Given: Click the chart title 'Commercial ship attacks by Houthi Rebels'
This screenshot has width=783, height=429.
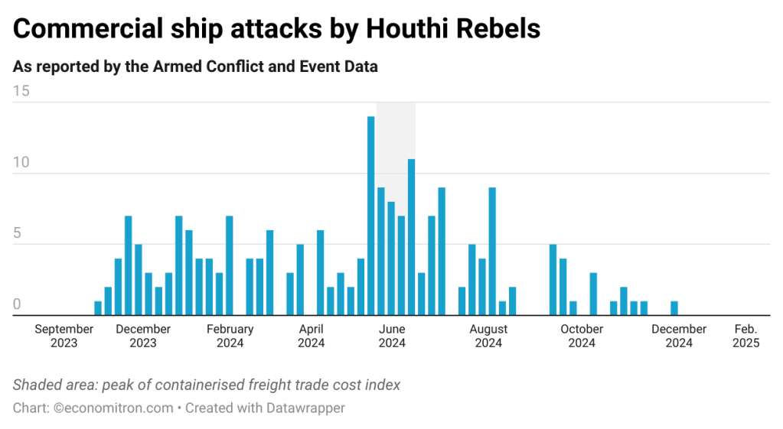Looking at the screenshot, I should (x=276, y=28).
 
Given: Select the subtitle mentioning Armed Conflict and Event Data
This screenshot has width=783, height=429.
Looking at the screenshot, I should (x=195, y=67).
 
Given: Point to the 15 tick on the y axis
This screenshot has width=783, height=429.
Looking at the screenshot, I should (x=21, y=92).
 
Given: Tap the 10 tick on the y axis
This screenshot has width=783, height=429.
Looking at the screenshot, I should (x=21, y=163).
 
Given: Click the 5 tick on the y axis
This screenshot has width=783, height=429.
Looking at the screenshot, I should (x=18, y=234).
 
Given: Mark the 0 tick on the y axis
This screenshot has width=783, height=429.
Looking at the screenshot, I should (x=18, y=304).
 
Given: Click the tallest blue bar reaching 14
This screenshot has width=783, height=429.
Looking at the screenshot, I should (x=371, y=214).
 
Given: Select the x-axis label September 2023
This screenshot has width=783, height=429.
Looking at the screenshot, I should (x=64, y=336).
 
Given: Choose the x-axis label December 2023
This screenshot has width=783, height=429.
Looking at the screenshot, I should (x=142, y=336).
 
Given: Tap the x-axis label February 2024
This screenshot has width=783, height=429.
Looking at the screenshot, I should (x=230, y=336).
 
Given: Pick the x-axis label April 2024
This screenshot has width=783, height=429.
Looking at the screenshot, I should (x=311, y=336).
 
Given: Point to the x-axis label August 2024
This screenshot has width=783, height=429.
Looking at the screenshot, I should (x=488, y=336).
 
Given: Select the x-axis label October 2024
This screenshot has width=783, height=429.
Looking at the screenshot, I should (x=582, y=336).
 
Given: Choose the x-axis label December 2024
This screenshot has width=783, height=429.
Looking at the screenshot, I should (x=679, y=336).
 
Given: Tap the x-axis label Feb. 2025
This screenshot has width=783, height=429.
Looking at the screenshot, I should (x=745, y=336).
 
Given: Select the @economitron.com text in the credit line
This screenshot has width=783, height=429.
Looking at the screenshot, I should (x=114, y=408).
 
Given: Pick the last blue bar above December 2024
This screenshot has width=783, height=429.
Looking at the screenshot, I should (x=674, y=307).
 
